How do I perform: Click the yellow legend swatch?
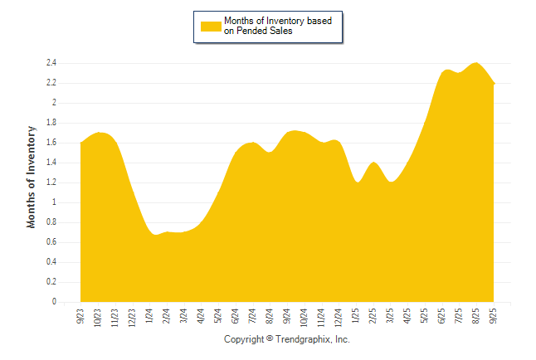point(212,26)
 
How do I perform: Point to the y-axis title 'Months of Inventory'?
point(32,177)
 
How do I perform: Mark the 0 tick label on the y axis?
point(53,303)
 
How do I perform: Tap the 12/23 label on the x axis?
point(132,317)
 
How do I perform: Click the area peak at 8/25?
point(476,63)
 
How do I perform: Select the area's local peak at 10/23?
point(98,133)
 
